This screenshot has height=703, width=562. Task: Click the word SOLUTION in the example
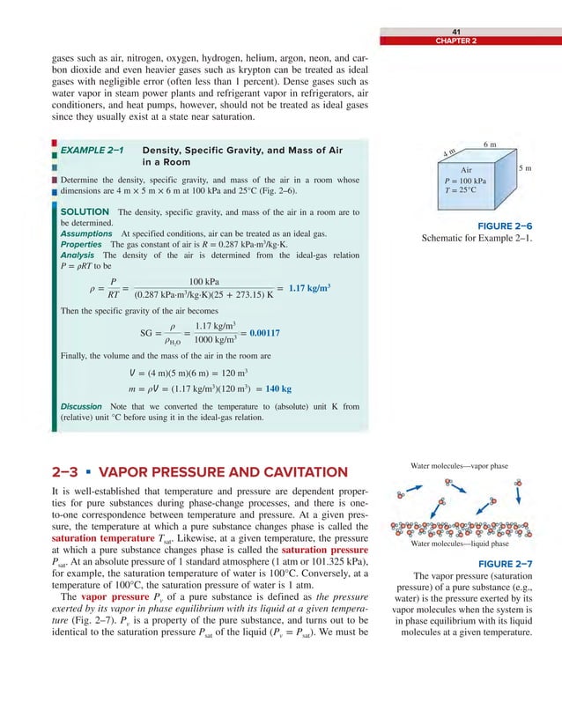[85, 211]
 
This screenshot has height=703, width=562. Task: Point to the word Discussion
[81, 406]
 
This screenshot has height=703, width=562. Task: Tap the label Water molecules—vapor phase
[459, 465]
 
